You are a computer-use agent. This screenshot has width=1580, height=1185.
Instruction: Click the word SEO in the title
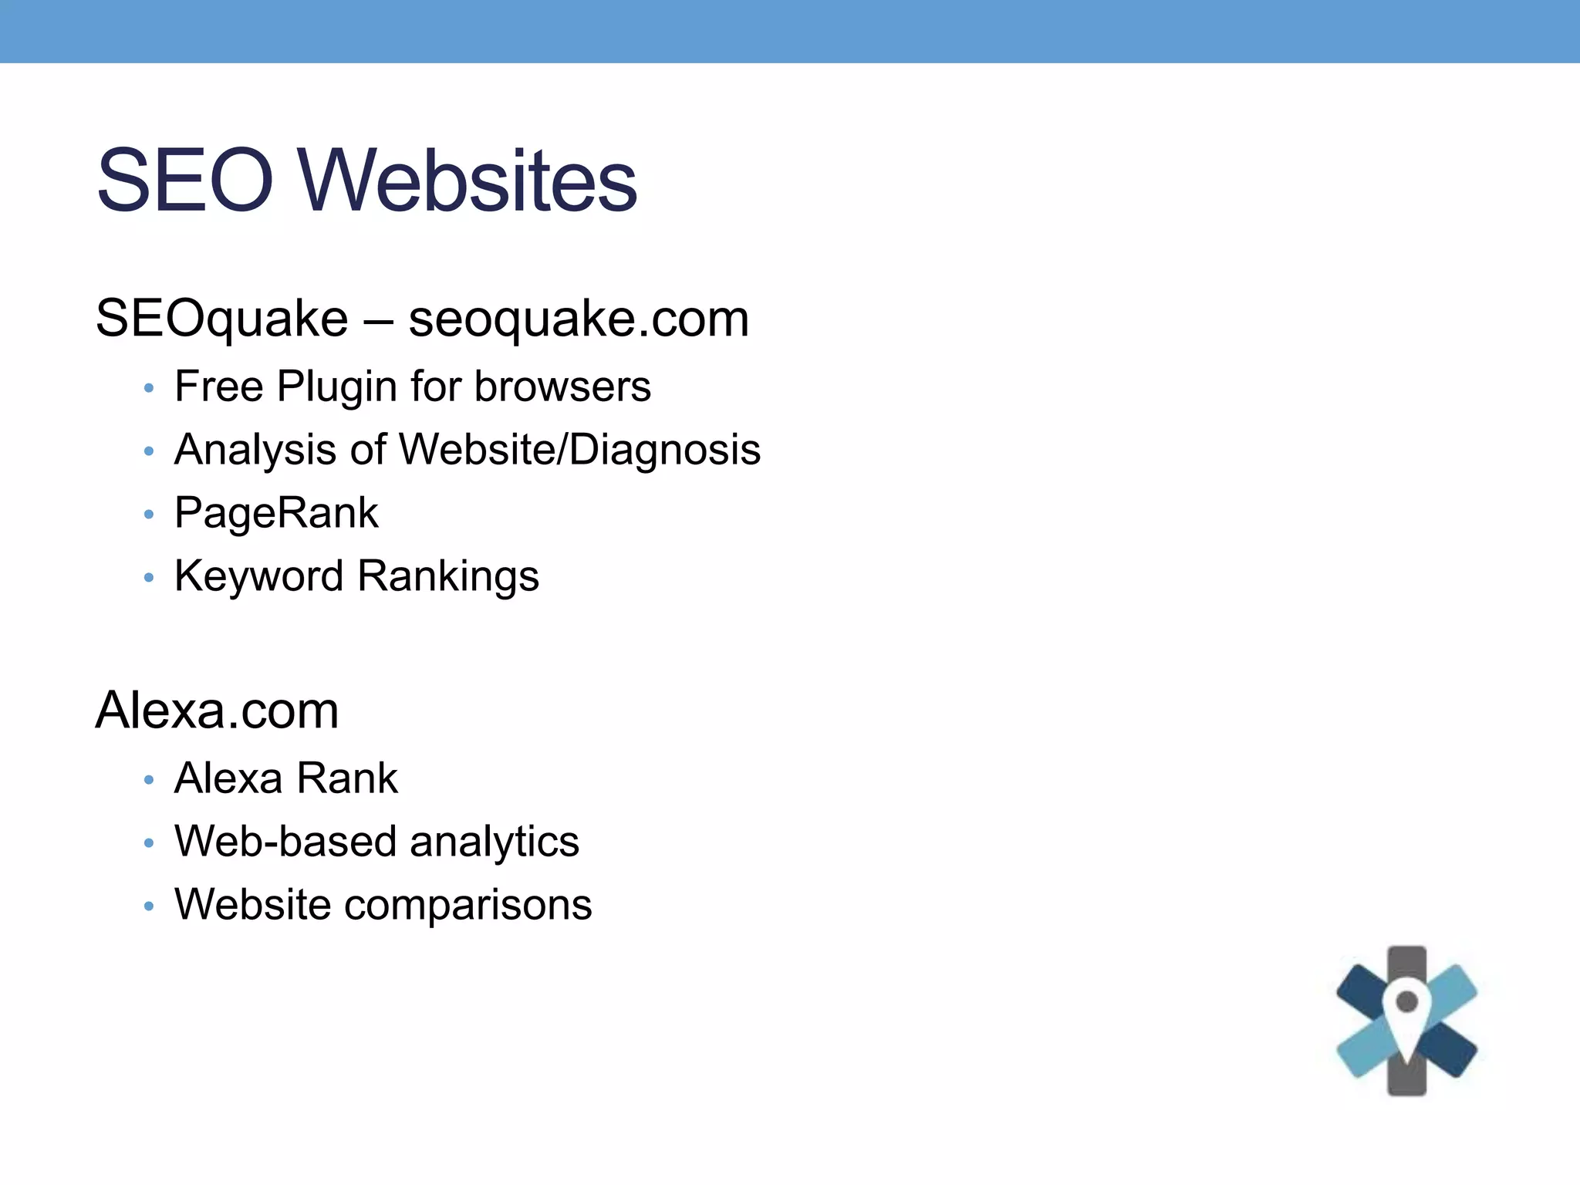[x=185, y=181]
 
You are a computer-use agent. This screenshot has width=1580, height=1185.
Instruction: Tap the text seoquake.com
[x=579, y=319]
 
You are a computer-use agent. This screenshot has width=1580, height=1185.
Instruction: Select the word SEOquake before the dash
[x=221, y=319]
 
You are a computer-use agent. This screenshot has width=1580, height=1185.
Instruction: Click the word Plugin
[x=337, y=387]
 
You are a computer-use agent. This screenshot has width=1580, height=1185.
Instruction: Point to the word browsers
[x=562, y=387]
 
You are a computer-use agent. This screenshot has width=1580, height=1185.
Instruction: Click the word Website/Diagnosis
[x=579, y=450]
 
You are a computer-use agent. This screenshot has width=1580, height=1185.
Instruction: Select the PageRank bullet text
[x=276, y=513]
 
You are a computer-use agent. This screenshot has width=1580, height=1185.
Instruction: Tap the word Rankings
[x=448, y=576]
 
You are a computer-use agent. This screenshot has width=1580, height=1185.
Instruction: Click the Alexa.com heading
[x=217, y=711]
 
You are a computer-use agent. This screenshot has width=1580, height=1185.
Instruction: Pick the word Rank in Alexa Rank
[x=347, y=778]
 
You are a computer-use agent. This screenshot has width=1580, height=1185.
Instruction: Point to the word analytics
[x=495, y=841]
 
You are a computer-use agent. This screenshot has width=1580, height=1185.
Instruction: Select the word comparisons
[x=468, y=904]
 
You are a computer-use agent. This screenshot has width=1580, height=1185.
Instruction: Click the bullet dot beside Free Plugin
[x=149, y=388]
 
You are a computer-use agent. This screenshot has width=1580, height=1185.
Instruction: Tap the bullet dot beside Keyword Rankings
[x=149, y=578]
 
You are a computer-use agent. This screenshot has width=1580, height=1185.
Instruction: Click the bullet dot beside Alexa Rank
[x=149, y=780]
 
